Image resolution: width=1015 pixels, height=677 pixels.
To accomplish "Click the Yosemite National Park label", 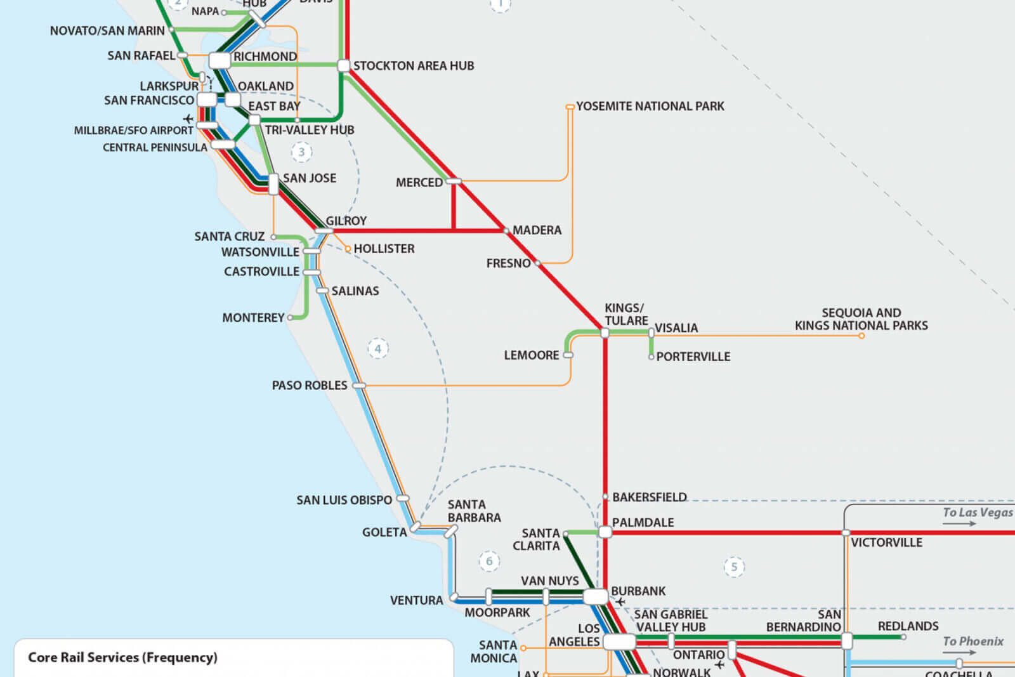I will (x=650, y=107).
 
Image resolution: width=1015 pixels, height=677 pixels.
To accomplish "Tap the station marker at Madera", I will (x=506, y=230).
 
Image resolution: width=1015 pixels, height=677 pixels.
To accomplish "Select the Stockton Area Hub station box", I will (x=343, y=65).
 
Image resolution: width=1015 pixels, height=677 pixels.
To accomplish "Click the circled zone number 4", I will (x=378, y=348).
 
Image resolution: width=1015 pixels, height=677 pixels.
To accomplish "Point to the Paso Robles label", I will (x=310, y=386).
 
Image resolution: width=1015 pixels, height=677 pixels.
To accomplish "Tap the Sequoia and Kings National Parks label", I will (x=861, y=319).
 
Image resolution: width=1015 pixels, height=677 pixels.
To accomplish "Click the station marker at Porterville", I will (x=651, y=357).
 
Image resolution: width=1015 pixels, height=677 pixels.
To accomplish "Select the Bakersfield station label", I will (x=649, y=497).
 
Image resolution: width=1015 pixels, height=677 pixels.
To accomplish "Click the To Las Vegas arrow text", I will (x=977, y=513).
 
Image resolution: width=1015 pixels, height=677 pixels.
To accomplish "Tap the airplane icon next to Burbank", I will (x=620, y=601).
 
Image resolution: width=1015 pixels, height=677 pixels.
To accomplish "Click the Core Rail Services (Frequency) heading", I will (x=122, y=657).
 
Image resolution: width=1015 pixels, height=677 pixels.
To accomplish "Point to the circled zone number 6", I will (x=489, y=561).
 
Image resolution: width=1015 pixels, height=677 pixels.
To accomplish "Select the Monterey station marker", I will (x=291, y=317).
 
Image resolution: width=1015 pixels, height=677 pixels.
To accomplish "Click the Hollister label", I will (x=384, y=249).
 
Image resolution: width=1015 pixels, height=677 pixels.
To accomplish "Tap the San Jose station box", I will (x=273, y=184).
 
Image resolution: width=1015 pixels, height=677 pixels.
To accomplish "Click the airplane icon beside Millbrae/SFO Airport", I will (x=188, y=119).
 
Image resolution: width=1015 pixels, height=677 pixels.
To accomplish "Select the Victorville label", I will (x=886, y=542).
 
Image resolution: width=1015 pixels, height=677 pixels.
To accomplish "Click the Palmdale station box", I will (x=605, y=532).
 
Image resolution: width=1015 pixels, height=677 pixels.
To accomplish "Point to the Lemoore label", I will (x=531, y=355).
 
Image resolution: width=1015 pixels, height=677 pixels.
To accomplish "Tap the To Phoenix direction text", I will (x=972, y=641).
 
